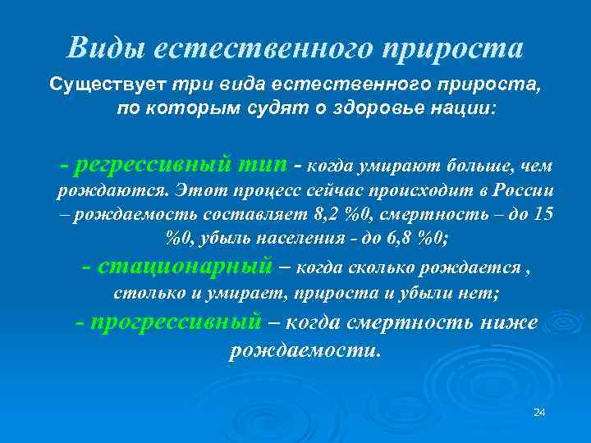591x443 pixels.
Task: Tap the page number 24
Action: point(539,411)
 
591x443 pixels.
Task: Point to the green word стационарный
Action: point(185,266)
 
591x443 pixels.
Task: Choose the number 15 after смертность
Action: point(543,215)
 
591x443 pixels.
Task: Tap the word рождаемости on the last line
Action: point(305,351)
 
